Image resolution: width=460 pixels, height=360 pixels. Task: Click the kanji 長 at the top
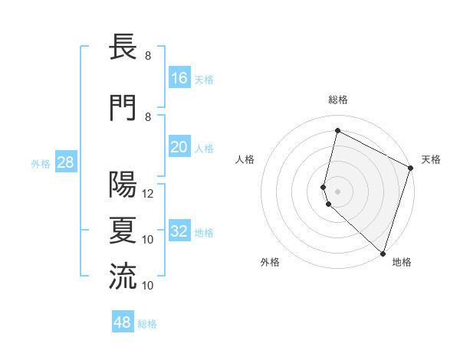pos(123,48)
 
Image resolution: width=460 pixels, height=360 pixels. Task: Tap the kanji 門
pos(123,108)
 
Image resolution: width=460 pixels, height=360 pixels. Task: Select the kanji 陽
pos(123,185)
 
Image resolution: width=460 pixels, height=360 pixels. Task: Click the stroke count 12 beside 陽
pos(149,194)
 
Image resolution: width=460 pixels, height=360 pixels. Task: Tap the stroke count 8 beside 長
pos(148,56)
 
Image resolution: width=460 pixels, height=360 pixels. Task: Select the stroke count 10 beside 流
pos(149,286)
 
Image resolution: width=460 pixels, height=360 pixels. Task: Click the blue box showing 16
pos(179,77)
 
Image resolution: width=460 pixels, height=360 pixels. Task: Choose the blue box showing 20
pos(179,147)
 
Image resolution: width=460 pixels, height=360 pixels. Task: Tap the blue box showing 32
pos(179,231)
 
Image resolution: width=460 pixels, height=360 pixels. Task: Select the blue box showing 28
pos(65,162)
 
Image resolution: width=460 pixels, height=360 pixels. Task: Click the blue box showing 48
pos(123,322)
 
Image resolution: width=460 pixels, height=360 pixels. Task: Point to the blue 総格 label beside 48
pos(147,324)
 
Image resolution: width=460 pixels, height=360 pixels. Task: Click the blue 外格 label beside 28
pos(41,163)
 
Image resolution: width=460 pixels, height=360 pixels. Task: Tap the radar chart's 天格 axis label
pos(431,159)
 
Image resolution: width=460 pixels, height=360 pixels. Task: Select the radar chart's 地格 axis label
pos(402,262)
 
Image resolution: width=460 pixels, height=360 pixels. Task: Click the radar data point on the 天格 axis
pos(411,168)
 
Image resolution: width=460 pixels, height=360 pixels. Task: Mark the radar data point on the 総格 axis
pos(337,130)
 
